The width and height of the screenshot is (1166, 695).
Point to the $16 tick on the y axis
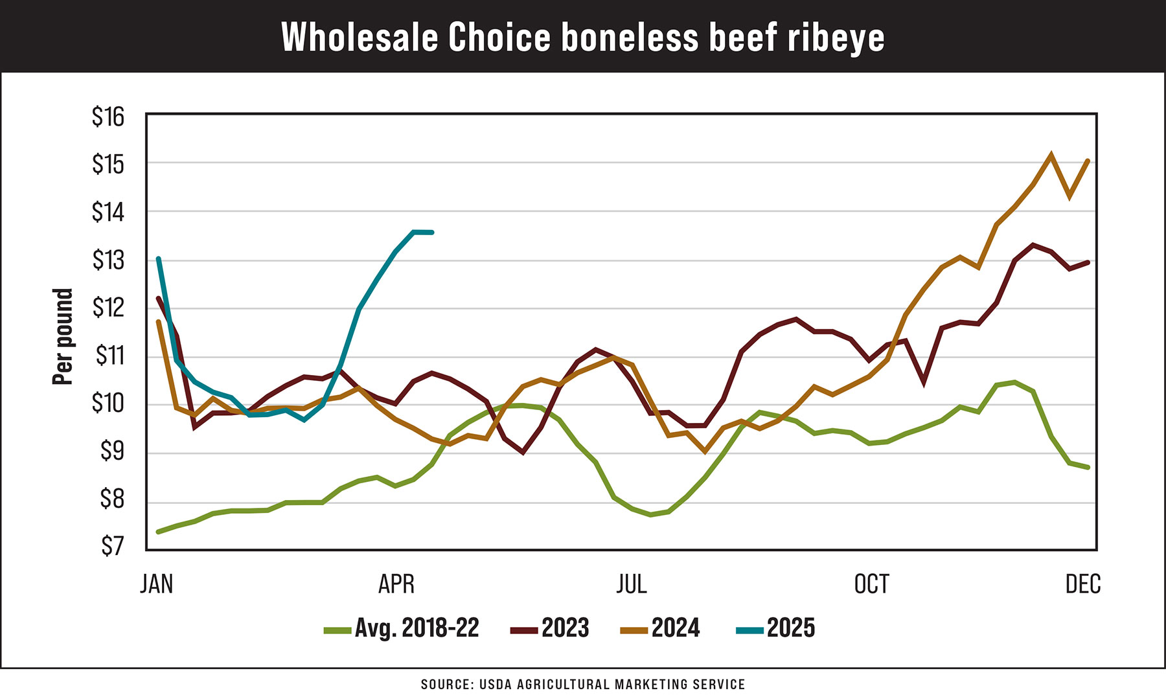pos(108,117)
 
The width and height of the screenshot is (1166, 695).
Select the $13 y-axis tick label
pos(108,260)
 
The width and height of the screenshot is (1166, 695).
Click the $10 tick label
pos(108,404)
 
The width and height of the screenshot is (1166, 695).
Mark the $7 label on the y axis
pos(111,547)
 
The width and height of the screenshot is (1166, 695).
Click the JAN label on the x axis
pos(157,584)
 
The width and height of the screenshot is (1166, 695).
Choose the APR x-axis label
pos(396,584)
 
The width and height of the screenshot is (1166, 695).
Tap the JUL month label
pos(631,584)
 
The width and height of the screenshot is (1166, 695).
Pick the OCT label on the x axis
pos(871,584)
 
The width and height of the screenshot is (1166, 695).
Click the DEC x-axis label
pos(1082,584)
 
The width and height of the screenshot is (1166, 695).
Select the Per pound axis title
pos(63,337)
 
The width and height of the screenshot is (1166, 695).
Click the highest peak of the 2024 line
pos(1051,155)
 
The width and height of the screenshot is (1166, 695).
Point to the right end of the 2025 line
pos(431,232)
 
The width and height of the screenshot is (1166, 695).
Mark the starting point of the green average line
pos(158,532)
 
